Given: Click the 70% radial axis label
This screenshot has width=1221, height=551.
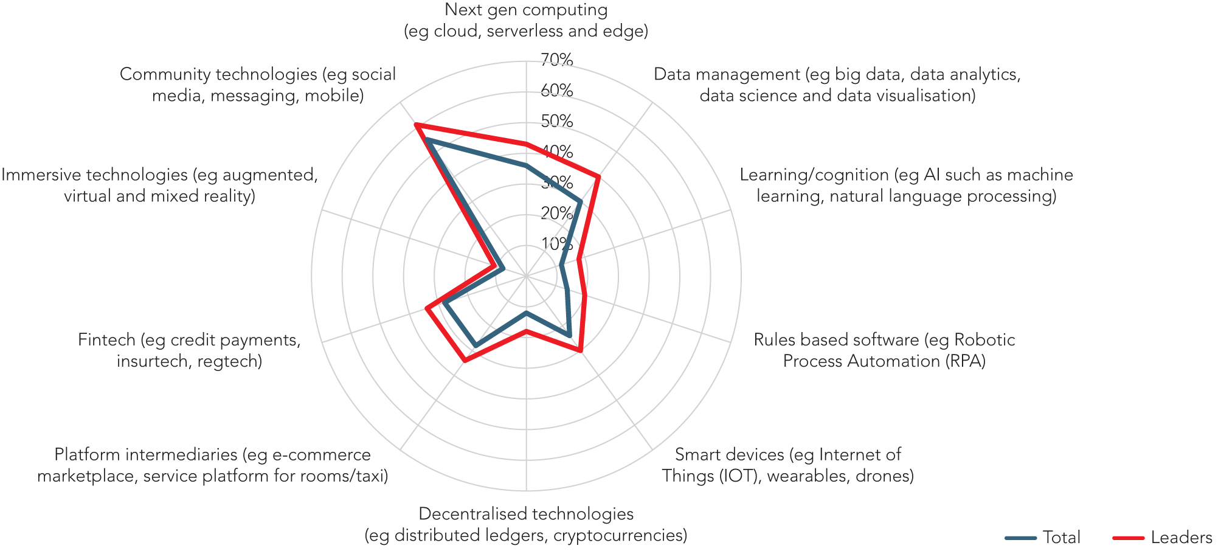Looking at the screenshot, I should (x=556, y=60).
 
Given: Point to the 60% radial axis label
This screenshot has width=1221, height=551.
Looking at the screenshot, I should (x=556, y=91).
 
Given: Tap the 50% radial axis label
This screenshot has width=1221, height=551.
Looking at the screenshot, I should (x=556, y=121).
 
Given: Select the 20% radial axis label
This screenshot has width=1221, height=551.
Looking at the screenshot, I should (x=556, y=213).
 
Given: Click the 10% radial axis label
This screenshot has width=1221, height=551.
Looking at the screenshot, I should (x=556, y=244).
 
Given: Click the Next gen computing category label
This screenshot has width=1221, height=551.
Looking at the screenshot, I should (x=526, y=20).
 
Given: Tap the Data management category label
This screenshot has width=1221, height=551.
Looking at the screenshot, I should (x=837, y=85).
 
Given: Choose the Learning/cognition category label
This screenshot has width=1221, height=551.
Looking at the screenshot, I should (x=906, y=185).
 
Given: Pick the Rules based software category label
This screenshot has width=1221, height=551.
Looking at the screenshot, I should (x=884, y=350).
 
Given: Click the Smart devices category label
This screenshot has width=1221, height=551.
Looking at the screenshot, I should (x=787, y=465).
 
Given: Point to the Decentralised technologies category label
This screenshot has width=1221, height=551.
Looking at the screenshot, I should (x=526, y=524).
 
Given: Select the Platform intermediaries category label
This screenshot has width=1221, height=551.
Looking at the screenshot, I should (x=213, y=465).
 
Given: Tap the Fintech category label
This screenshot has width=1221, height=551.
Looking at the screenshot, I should (x=189, y=350).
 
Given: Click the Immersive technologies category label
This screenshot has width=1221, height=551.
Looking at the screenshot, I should (x=159, y=185).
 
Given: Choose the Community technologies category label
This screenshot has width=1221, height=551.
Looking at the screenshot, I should (x=258, y=85).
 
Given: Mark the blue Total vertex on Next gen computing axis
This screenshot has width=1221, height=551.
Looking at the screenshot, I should (x=527, y=165).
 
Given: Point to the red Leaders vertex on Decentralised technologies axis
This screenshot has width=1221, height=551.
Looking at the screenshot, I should (x=527, y=331).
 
